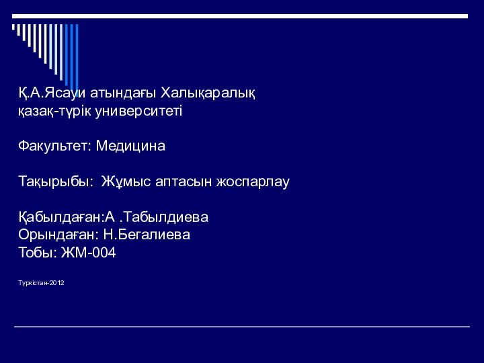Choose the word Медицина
130,145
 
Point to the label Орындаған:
58,236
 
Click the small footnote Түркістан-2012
41,284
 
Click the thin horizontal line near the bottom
242,327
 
